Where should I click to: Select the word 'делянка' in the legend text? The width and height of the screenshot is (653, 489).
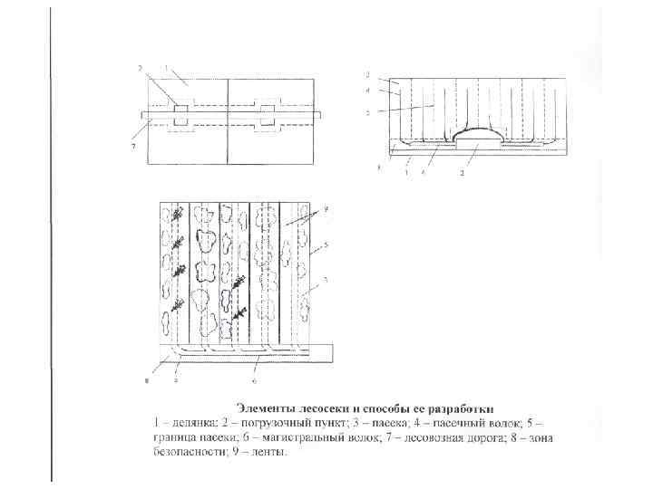pos(186,422)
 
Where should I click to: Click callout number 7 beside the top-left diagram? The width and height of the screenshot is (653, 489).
pos(134,145)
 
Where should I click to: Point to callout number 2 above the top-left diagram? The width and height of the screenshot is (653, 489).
pos(140,68)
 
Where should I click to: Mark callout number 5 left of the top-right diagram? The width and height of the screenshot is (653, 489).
pos(367,113)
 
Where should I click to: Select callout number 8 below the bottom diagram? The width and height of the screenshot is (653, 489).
pos(149,380)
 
